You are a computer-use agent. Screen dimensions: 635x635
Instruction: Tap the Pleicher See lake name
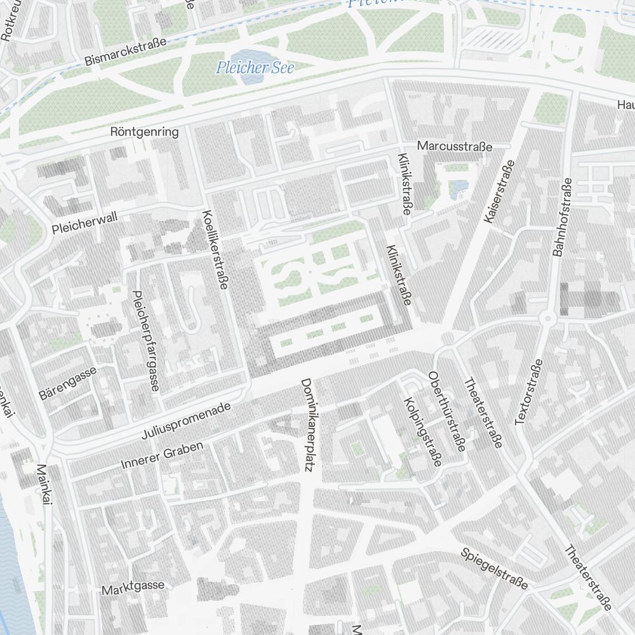click(255, 67)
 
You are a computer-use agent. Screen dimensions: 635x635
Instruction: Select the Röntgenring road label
click(144, 132)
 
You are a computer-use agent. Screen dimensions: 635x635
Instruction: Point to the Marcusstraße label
click(455, 146)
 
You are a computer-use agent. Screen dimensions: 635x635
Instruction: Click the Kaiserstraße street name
click(498, 191)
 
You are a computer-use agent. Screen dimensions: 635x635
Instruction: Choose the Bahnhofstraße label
click(563, 217)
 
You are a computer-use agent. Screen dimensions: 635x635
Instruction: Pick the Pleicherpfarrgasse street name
click(145, 340)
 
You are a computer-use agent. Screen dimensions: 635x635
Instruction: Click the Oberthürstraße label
click(447, 411)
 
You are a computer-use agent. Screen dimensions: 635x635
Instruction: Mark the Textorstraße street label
click(529, 392)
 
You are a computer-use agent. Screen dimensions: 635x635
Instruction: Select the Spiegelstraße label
click(494, 568)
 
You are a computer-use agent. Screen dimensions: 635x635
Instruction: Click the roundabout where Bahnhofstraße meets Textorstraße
click(547, 318)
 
